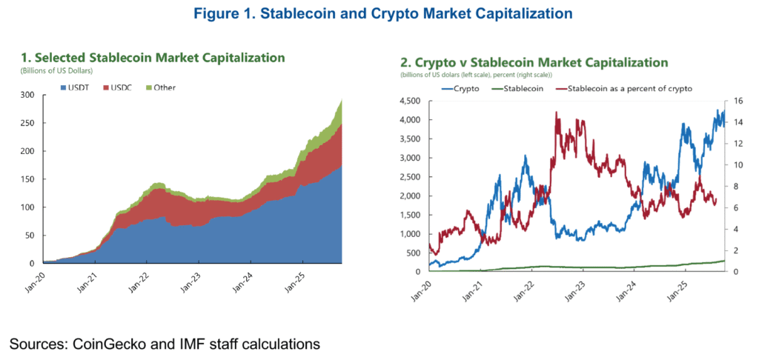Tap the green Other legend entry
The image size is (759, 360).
(x=163, y=87)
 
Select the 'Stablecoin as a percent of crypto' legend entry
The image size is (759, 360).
(x=629, y=88)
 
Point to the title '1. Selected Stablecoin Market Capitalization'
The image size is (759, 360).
(x=153, y=58)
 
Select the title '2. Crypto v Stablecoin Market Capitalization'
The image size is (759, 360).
(x=534, y=63)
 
